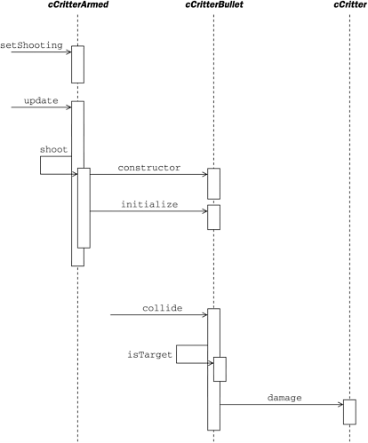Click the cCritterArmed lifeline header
pos(77,7)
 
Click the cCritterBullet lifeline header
pos(213,7)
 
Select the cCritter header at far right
pos(348,7)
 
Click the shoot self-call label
pos(54,149)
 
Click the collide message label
pos(162,307)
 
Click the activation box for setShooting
pos(77,63)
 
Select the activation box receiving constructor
pos(213,183)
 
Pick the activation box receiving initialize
pos(213,218)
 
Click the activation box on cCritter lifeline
pos(349,412)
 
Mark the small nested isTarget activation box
pos(220,368)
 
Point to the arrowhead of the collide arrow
pos(204,313)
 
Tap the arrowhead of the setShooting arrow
pos(68,52)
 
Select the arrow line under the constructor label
pos(147,174)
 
